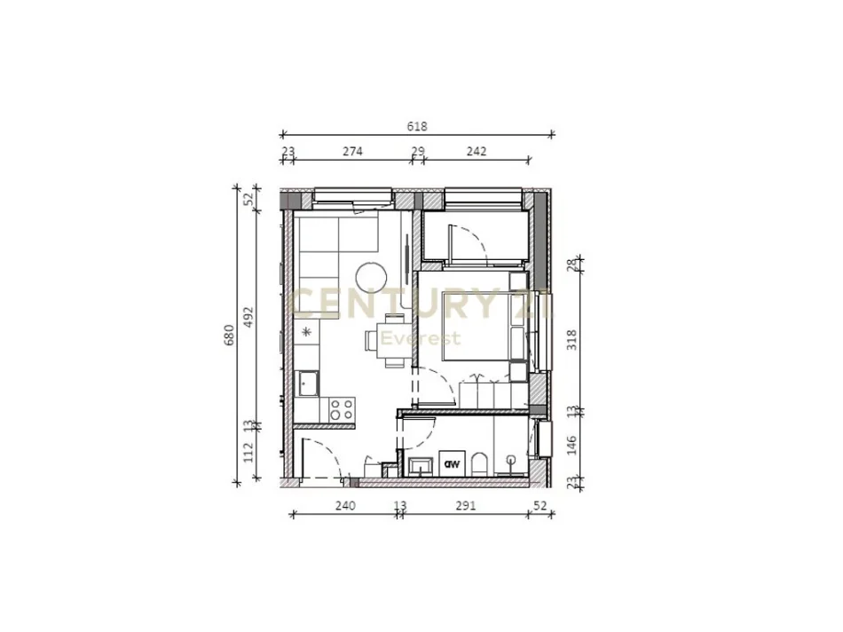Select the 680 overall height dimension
[229, 336]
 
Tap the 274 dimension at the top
[352, 151]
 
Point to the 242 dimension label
[477, 151]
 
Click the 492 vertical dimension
[249, 317]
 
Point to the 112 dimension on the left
[249, 453]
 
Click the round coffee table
[371, 277]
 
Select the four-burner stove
[342, 409]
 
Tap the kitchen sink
[309, 383]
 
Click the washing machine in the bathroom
[452, 463]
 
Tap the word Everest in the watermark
[421, 338]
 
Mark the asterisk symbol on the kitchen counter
[307, 332]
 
